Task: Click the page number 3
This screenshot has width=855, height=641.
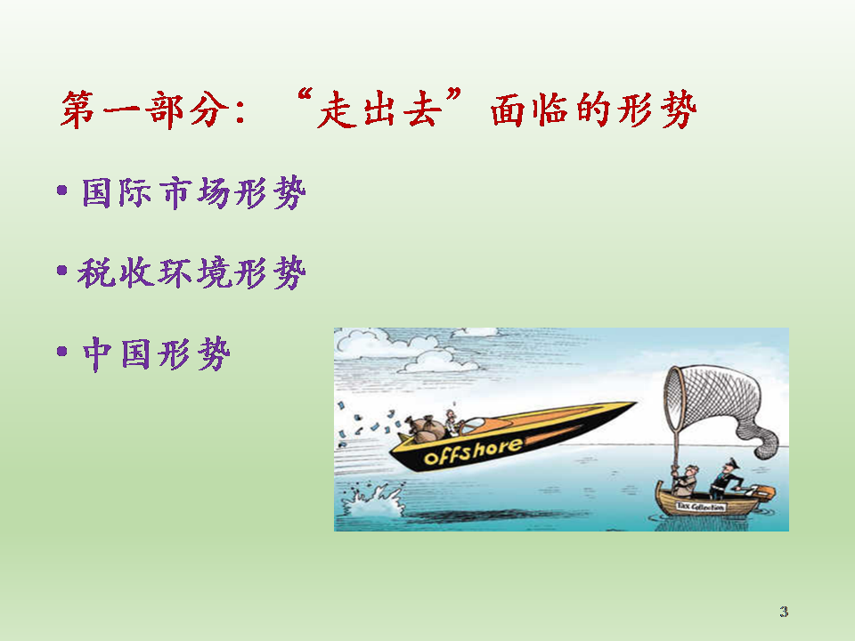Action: pos(784,612)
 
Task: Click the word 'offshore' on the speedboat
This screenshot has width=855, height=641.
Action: pos(472,450)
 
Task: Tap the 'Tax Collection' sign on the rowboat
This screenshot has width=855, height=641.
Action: pos(701,507)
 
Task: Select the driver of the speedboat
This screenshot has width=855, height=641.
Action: pos(452,423)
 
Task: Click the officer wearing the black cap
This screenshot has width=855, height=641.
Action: pos(725,479)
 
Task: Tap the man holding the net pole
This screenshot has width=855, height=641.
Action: pos(685,482)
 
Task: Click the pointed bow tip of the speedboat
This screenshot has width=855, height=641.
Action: pos(636,403)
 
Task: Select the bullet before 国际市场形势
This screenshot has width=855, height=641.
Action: pos(62,191)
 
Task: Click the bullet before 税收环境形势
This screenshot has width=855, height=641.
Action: pos(62,271)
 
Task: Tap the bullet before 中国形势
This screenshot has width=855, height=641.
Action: pos(62,351)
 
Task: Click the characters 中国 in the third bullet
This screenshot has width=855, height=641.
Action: pos(117,353)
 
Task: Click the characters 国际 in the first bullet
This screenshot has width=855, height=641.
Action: pos(117,192)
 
